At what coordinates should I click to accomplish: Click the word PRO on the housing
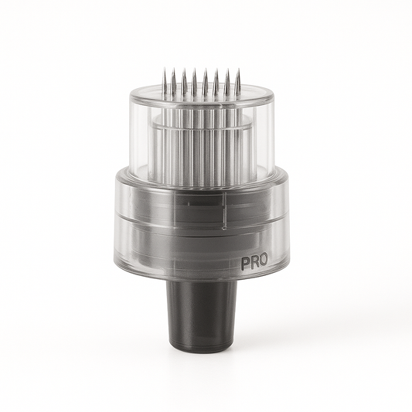point(254,262)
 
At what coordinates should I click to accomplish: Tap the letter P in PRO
point(244,262)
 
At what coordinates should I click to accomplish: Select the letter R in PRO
point(254,262)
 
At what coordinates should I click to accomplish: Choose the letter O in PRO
point(263,262)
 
